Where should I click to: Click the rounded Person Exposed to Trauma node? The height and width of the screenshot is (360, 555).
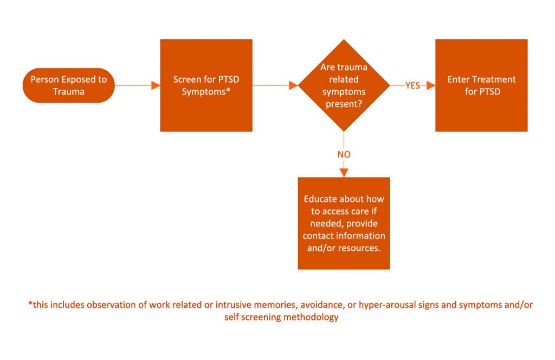coord(68,85)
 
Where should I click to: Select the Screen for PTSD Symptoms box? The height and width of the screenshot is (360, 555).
coord(206,85)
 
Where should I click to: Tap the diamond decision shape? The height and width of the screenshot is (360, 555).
coord(344,85)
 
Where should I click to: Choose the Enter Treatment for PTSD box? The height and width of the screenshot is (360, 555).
coord(481,85)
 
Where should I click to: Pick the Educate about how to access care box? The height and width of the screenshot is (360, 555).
coord(344,223)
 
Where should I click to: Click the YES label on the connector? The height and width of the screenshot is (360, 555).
coord(413,85)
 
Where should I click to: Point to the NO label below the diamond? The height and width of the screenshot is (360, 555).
coord(344,154)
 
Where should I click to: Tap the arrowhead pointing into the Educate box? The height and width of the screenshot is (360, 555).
coord(344,173)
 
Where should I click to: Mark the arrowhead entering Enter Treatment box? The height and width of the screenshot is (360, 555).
coord(431,85)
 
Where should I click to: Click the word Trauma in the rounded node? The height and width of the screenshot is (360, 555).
coord(68,91)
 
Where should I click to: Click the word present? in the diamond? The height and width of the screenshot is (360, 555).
coord(344,104)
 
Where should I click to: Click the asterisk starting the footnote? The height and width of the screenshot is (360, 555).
coord(30,304)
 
